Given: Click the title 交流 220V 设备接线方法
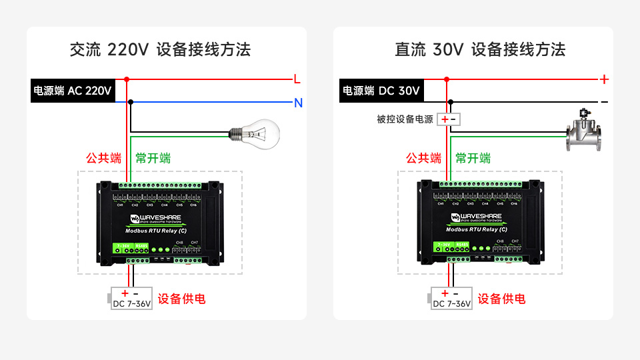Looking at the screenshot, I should pos(160,49).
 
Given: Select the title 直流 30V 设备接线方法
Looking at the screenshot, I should pos(480,49).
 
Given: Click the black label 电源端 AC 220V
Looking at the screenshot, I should pos(73,91).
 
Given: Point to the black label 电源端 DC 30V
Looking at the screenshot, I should pos(381,91).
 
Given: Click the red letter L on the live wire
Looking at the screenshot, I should pos(297,79).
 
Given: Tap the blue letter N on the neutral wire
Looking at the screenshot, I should pos(298,103).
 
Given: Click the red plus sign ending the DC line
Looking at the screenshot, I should pos(604,79).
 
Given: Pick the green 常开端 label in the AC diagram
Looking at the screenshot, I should pos(153,159).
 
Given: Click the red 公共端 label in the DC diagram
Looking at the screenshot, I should pos(423,159).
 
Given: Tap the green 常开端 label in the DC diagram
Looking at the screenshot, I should pos(473,159).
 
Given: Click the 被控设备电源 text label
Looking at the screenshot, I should pos(405,119).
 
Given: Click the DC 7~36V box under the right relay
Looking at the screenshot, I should pos(451,299).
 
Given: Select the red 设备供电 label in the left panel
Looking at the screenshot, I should pos(181,299).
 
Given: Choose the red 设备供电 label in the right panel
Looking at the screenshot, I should pos(501,299).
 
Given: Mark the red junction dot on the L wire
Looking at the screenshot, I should pos(127,79).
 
